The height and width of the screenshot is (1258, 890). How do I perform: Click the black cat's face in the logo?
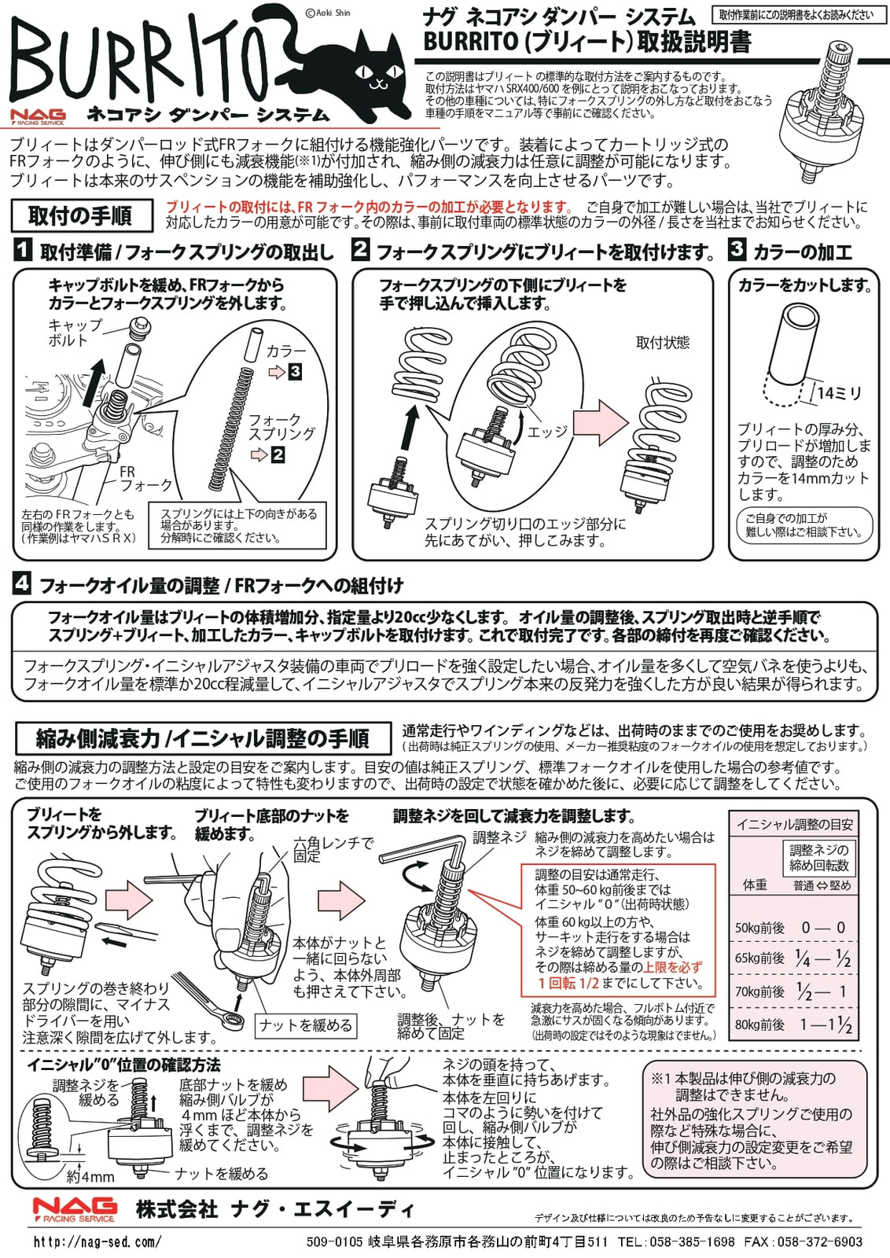377,75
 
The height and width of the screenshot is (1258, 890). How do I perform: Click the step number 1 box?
23,250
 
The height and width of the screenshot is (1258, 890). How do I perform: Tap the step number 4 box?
22,583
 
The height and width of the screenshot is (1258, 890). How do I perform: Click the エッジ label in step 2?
547,432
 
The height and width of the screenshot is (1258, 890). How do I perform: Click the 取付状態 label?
662,342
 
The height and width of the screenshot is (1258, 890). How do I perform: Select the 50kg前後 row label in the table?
759,928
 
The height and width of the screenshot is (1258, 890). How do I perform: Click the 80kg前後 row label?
759,1024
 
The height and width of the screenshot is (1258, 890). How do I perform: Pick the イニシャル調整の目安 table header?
794,824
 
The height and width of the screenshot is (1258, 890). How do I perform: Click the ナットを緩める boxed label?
306,1025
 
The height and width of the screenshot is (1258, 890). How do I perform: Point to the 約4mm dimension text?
90,1176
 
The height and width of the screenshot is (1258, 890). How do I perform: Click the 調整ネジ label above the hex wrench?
499,837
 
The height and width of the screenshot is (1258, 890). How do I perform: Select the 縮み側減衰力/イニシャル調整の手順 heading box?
203,738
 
